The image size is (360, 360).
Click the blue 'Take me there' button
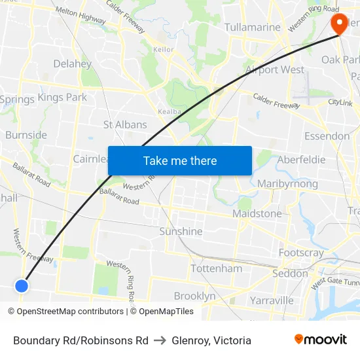(x=180, y=160)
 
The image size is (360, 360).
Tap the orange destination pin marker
(x=340, y=23)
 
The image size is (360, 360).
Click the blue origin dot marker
(x=22, y=285)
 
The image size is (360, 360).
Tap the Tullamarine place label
(x=252, y=27)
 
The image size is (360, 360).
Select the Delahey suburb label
(x=72, y=63)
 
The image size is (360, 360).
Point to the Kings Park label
(x=62, y=98)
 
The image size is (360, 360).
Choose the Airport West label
(x=274, y=69)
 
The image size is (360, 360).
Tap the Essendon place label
(x=327, y=136)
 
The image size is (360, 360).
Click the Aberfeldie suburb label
(x=301, y=160)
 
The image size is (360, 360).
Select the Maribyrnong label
(x=287, y=184)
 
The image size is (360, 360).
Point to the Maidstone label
(x=257, y=213)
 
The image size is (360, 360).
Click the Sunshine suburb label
(x=181, y=231)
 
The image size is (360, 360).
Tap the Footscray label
(x=300, y=253)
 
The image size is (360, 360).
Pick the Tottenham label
(x=216, y=268)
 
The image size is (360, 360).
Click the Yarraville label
(x=271, y=300)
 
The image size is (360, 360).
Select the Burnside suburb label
(x=26, y=135)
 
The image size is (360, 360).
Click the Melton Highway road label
(x=81, y=16)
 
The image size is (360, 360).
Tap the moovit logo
(x=320, y=340)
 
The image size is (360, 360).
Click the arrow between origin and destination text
(x=160, y=340)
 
